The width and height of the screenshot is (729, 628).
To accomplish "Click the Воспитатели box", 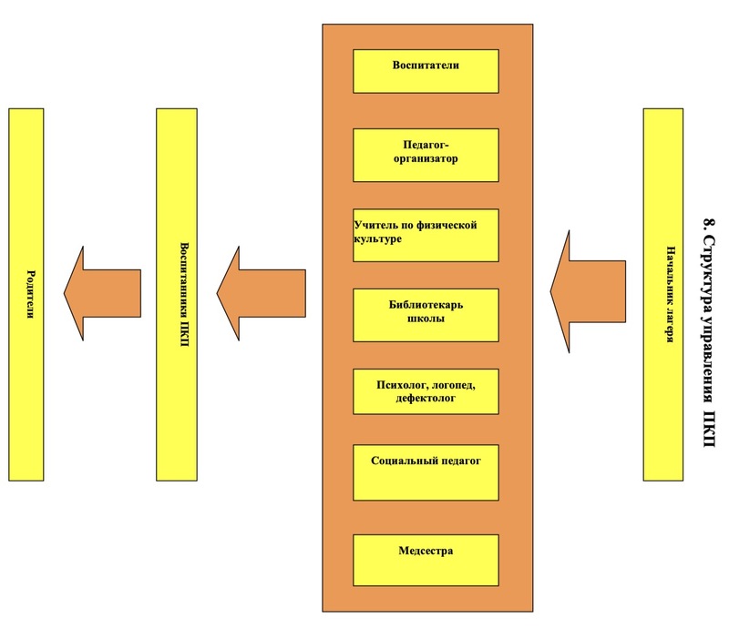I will pyautogui.click(x=426, y=71).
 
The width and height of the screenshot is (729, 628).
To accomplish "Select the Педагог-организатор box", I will pyautogui.click(x=426, y=156).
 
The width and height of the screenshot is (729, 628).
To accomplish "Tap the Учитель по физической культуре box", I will pyautogui.click(x=426, y=235).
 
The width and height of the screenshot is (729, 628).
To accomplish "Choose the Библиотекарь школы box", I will pyautogui.click(x=426, y=315).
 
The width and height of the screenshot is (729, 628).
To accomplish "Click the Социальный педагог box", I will pyautogui.click(x=426, y=472).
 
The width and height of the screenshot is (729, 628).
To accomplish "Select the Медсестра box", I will pyautogui.click(x=426, y=558).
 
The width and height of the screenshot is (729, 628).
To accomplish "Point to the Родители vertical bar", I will pyautogui.click(x=26, y=294).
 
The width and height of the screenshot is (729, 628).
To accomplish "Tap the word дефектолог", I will pyautogui.click(x=426, y=400).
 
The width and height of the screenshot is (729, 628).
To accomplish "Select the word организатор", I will pyautogui.click(x=426, y=159).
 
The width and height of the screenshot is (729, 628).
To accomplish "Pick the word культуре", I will pyautogui.click(x=378, y=238).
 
